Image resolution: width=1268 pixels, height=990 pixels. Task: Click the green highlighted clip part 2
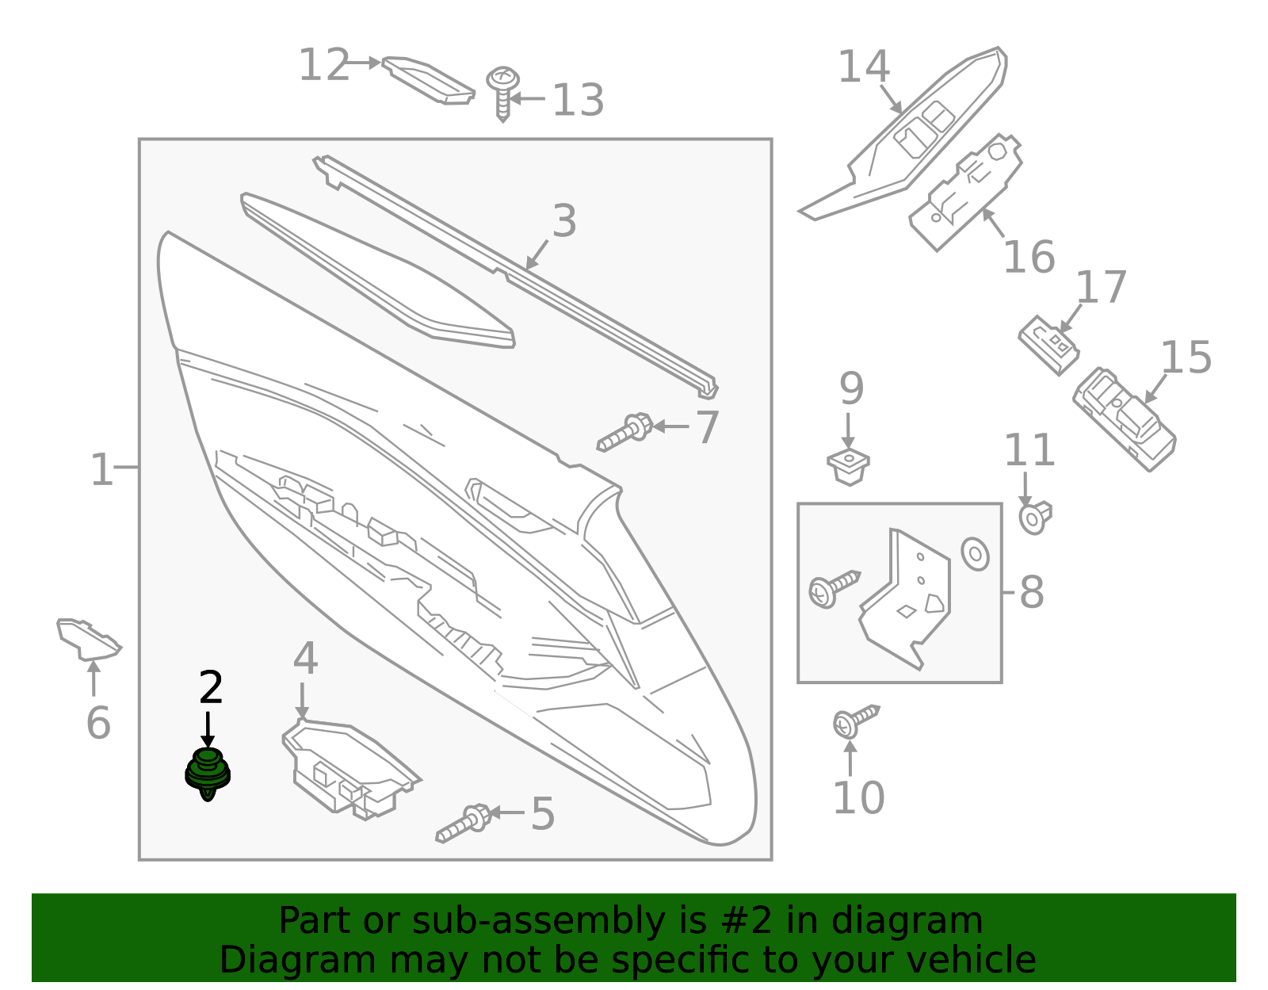208,773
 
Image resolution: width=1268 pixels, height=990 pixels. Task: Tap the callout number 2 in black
210,687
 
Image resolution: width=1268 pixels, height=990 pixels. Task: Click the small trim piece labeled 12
428,79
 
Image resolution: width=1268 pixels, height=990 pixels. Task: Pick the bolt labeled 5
464,822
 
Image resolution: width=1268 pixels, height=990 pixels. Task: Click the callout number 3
564,221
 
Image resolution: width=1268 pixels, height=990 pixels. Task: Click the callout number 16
1029,258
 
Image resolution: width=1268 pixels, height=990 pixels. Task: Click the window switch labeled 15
1124,418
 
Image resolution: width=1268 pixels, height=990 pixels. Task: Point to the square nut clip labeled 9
848,466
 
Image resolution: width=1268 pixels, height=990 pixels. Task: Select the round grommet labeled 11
1034,518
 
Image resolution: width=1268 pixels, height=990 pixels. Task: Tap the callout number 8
1032,592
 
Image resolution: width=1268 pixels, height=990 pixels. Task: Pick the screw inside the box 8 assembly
833,587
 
